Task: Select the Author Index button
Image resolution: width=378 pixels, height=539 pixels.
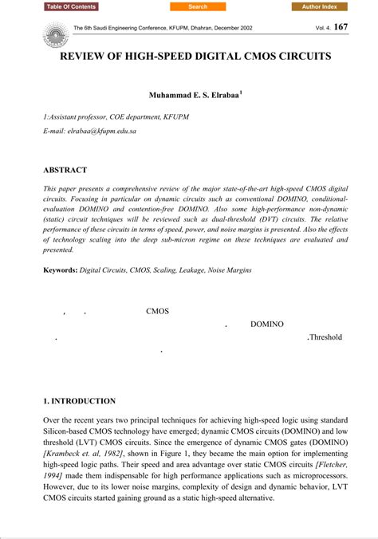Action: point(319,6)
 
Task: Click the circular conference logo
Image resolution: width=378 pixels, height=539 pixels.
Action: point(55,33)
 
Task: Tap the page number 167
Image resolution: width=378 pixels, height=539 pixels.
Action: point(341,27)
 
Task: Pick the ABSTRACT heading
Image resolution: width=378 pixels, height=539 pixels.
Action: point(65,170)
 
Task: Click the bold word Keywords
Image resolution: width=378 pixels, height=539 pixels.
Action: point(61,270)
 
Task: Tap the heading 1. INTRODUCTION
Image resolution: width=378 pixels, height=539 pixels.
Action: point(79,401)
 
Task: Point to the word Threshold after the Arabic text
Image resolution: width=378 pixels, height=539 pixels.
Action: point(325,337)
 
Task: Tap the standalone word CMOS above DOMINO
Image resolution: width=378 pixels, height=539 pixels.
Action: point(158,312)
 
